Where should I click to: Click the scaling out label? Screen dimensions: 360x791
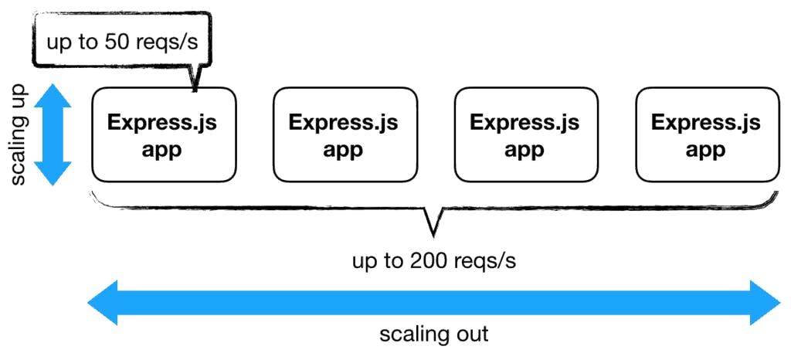(433, 335)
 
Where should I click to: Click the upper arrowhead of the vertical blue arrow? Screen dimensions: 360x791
(53, 96)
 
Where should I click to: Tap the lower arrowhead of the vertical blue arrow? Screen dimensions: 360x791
(53, 173)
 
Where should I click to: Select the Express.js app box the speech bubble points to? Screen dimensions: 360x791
(164, 135)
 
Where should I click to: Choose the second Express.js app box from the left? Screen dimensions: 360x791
(345, 135)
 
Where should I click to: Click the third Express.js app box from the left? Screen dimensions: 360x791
(525, 135)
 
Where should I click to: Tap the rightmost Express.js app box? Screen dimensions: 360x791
(706, 135)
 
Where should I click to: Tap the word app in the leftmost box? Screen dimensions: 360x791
(162, 149)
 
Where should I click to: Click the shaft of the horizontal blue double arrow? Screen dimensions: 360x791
(433, 304)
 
